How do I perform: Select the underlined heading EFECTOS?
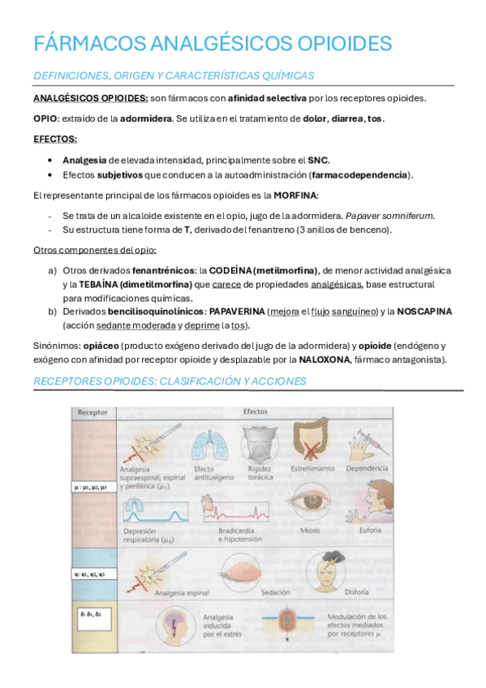[55, 139]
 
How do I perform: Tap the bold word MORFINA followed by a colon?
[296, 196]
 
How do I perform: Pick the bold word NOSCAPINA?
[424, 312]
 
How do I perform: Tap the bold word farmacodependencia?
[360, 174]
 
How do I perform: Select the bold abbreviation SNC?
[317, 160]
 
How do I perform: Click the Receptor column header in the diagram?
[92, 412]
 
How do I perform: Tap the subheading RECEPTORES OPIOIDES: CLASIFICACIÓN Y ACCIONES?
[169, 381]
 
